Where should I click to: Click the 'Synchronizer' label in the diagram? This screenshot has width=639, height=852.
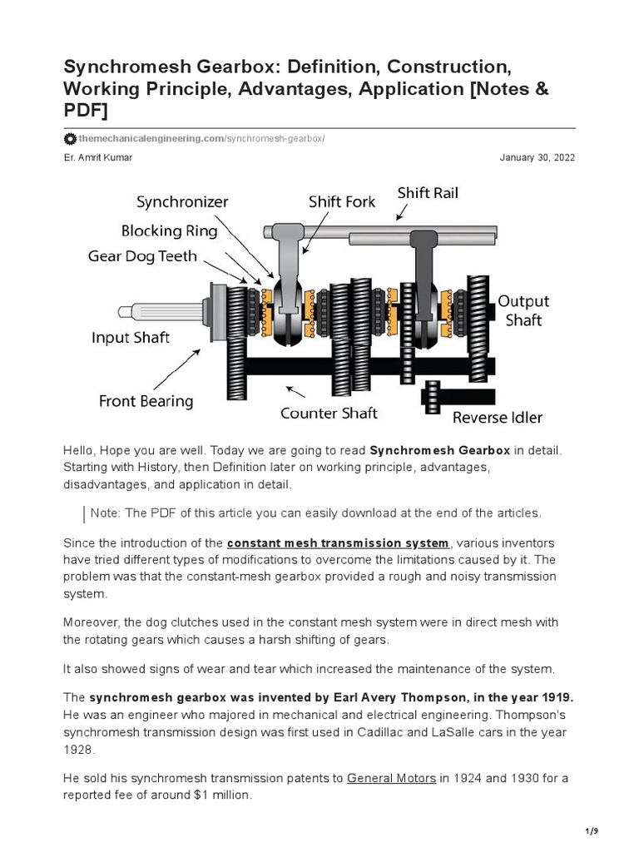(x=182, y=202)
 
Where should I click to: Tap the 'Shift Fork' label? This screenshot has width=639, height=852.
(x=342, y=202)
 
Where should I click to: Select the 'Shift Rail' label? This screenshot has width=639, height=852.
(x=428, y=193)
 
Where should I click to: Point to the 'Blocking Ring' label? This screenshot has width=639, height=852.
(x=169, y=230)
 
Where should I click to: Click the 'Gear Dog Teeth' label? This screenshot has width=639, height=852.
(x=142, y=257)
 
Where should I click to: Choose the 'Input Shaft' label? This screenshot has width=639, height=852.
(x=131, y=337)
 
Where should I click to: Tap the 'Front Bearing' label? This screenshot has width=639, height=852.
(x=146, y=401)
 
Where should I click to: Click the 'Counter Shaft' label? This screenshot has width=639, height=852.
(x=329, y=413)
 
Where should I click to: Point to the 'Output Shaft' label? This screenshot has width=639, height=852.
(x=523, y=310)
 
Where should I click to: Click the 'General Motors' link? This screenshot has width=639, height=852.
(x=391, y=779)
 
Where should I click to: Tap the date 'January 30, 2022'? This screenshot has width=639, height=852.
(x=537, y=157)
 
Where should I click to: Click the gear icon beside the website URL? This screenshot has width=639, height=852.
(x=69, y=138)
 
